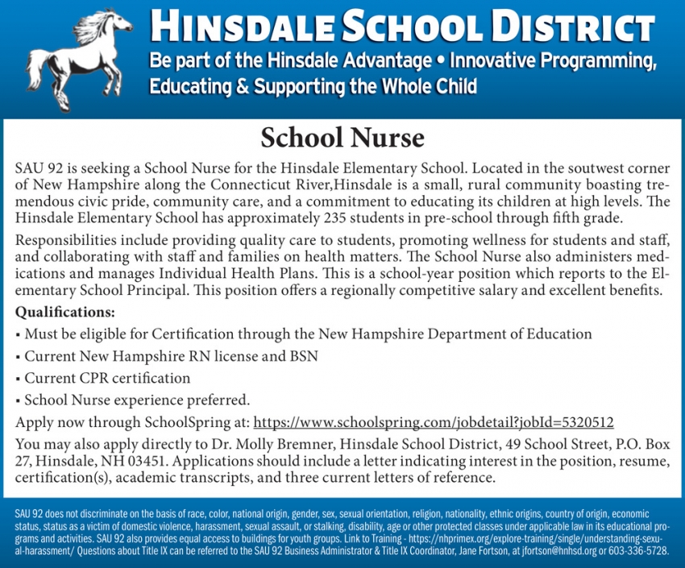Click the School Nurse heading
coord(342,139)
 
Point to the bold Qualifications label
coord(65,311)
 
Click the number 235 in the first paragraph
coord(336,218)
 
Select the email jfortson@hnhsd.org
coord(564,551)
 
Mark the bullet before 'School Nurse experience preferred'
coord(18,400)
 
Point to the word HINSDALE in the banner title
coord(243,27)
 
